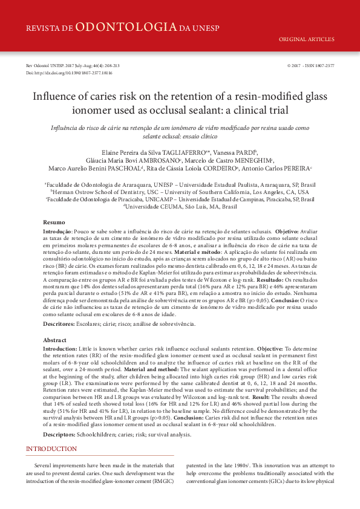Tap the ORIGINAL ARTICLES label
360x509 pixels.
click(x=306, y=40)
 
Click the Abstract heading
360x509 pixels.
click(x=54, y=340)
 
